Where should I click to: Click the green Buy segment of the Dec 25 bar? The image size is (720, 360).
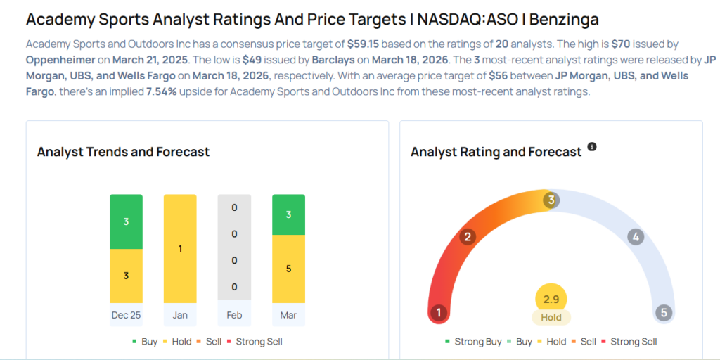[126, 221]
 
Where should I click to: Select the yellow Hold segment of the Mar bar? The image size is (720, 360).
[288, 269]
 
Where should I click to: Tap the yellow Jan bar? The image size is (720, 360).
[180, 249]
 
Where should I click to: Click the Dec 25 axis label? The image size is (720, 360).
[126, 315]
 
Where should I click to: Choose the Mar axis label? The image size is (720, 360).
[288, 315]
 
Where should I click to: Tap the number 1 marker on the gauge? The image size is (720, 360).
[439, 313]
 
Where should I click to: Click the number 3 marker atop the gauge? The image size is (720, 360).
[552, 200]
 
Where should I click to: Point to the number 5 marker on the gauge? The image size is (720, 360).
[663, 313]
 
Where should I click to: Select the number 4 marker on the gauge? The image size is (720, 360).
[636, 237]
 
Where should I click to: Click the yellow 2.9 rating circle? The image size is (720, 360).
[551, 299]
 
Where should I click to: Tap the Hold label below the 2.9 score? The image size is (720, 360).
[551, 317]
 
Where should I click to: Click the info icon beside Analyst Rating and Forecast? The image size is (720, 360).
[592, 147]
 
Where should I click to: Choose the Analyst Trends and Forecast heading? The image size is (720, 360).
[123, 152]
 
